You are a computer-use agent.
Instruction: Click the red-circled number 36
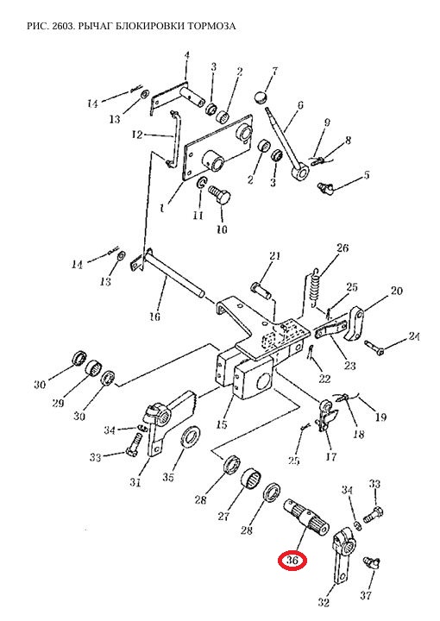(x=292, y=561)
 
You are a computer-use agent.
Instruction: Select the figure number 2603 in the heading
(x=63, y=26)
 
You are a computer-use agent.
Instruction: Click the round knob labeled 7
(x=260, y=97)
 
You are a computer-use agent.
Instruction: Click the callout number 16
(x=154, y=317)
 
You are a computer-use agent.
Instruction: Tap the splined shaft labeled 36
(x=306, y=514)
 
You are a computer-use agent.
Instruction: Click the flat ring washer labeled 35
(x=191, y=440)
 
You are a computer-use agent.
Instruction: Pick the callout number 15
(x=222, y=424)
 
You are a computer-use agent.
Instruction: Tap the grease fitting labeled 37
(x=371, y=562)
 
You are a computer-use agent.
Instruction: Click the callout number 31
(x=135, y=482)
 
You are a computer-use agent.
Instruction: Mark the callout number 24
(x=414, y=336)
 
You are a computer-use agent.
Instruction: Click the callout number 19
(x=380, y=417)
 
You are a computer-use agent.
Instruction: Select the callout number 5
(x=367, y=174)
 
